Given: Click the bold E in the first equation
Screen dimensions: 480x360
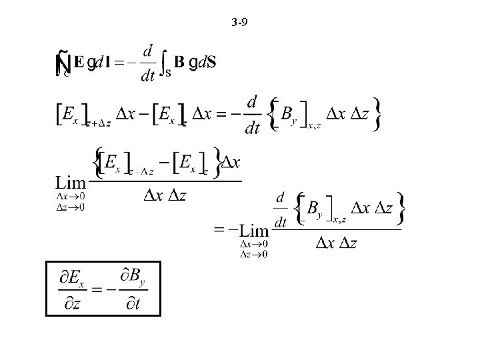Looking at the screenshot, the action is coord(79,63).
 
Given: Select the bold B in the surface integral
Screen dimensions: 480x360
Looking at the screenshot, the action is coord(179,63).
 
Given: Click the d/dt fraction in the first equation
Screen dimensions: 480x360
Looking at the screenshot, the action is coord(147,63).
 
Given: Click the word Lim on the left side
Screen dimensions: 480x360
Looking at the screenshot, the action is coord(71,183).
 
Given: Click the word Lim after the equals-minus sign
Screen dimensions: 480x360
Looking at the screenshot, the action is coord(253,230).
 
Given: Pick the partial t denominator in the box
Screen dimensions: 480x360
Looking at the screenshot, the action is coord(133,305).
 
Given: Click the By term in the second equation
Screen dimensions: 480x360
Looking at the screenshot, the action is coord(290,115).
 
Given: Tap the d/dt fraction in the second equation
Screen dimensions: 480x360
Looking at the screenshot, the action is coord(252,115).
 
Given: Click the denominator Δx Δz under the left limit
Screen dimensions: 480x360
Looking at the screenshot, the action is coord(164,194).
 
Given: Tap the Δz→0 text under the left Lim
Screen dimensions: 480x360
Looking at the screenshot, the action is coord(71,207).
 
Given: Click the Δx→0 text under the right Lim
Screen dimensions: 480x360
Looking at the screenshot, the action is coord(253,246).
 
